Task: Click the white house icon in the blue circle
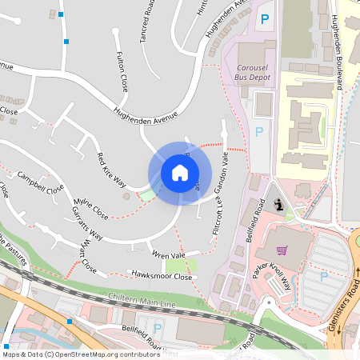click(x=179, y=173)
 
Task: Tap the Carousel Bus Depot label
click(x=247, y=72)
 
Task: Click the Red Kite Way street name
click(x=111, y=169)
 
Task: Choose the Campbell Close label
click(x=40, y=183)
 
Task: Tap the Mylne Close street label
click(x=90, y=210)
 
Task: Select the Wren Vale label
click(x=168, y=255)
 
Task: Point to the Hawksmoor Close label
click(x=162, y=276)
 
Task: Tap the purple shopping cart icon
click(x=281, y=250)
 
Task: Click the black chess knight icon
click(x=277, y=206)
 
